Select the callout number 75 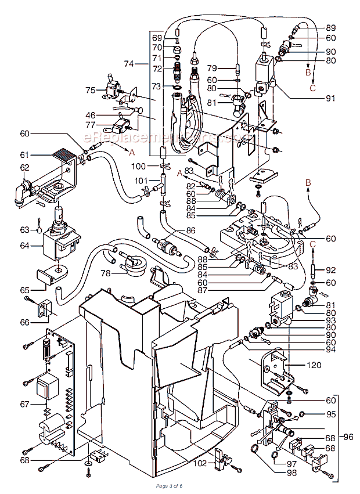click(x=90, y=90)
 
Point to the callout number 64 click(x=25, y=245)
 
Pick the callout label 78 click(x=105, y=273)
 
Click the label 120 click(x=314, y=366)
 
